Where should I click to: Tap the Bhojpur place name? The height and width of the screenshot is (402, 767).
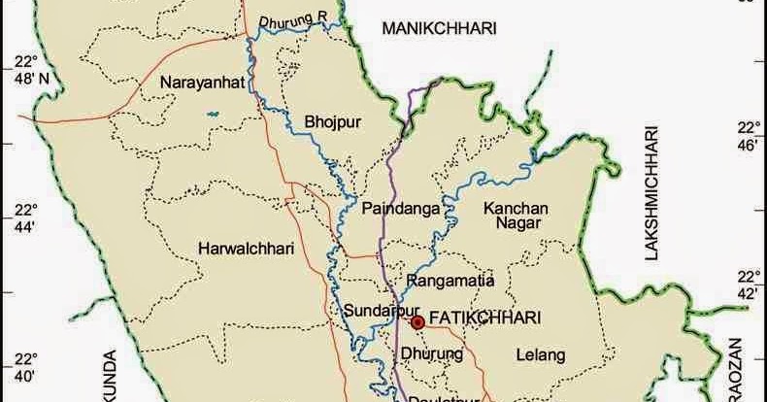coord(332,121)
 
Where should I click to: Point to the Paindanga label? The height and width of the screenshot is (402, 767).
coord(401,209)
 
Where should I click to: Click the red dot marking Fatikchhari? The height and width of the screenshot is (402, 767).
coord(417,321)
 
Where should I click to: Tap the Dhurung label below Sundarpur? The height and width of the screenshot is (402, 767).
coord(431,354)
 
